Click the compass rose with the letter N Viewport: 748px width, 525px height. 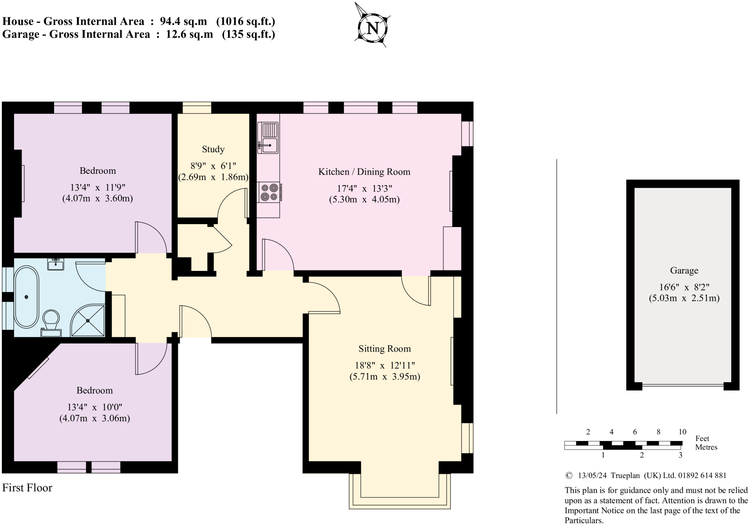click(x=372, y=28)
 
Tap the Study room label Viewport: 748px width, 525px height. click(x=213, y=149)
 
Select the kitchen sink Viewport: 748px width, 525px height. click(x=268, y=138)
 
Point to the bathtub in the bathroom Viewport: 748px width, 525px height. click(x=26, y=297)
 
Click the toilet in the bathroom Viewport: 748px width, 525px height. click(x=51, y=321)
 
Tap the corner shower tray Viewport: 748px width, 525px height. click(x=88, y=321)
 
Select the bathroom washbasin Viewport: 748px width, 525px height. click(x=56, y=264)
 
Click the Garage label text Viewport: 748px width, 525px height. click(x=684, y=271)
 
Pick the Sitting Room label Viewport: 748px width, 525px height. click(x=384, y=349)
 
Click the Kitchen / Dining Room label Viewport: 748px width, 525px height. click(x=364, y=172)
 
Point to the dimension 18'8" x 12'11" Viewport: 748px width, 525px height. click(x=385, y=365)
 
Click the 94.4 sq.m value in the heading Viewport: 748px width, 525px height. click(x=183, y=22)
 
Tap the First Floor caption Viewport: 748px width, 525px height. click(x=27, y=488)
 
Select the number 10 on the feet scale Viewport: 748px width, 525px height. click(x=682, y=432)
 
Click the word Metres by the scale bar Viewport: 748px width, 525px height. click(x=706, y=447)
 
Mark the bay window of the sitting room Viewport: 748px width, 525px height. click(x=400, y=491)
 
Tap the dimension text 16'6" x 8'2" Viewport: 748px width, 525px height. click(x=684, y=287)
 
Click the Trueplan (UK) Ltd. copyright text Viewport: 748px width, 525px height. click(x=645, y=475)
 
